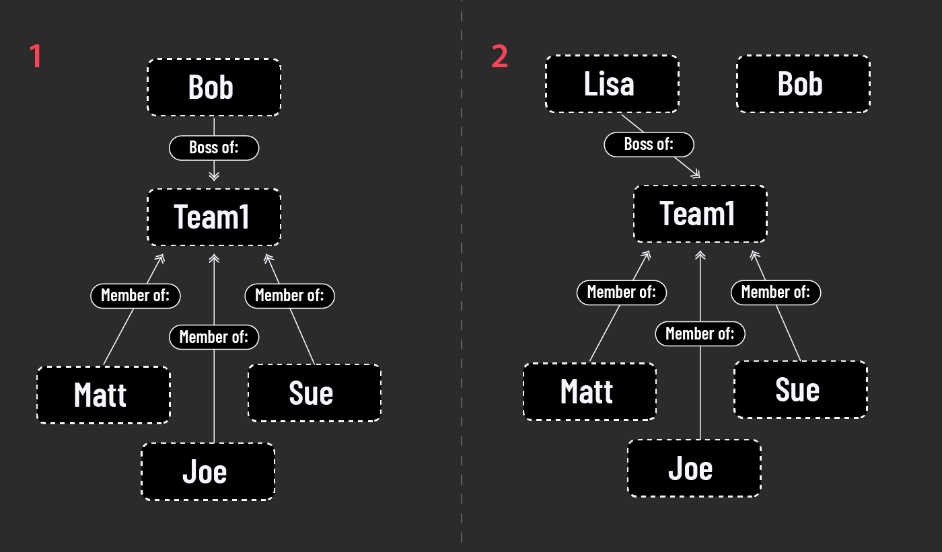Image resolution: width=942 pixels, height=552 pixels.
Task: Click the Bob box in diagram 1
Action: pos(213,87)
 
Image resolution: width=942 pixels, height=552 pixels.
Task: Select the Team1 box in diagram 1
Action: pos(213,216)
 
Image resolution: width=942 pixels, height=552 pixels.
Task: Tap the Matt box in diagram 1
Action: pos(103,395)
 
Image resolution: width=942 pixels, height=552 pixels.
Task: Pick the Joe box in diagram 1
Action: pos(207,471)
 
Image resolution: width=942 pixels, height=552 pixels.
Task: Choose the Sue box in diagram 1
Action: pos(314,393)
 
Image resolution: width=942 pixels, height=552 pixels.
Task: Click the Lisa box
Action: pos(612,84)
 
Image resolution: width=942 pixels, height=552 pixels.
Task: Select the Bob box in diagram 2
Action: pos(803,84)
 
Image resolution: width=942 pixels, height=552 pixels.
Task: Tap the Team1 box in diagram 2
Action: pos(700,214)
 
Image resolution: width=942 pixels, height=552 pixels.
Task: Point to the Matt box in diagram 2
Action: pos(589,391)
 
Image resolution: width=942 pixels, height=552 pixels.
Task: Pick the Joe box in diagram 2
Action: pos(694,468)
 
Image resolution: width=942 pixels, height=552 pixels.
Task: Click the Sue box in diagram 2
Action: pos(800,390)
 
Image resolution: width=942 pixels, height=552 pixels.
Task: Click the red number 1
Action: pos(36,57)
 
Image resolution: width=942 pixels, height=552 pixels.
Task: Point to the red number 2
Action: pos(499,57)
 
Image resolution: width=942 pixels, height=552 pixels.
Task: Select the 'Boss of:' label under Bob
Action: pos(214,147)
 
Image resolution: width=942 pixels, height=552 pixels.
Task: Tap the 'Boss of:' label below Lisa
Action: pos(649,144)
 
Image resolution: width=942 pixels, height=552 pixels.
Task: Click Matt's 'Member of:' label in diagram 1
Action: pos(135,295)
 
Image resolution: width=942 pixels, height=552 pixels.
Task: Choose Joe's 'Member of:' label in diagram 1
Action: pos(214,336)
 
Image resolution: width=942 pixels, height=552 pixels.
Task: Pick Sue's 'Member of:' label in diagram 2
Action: pos(776,292)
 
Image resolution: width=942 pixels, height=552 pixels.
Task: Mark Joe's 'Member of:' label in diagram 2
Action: pos(700,333)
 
